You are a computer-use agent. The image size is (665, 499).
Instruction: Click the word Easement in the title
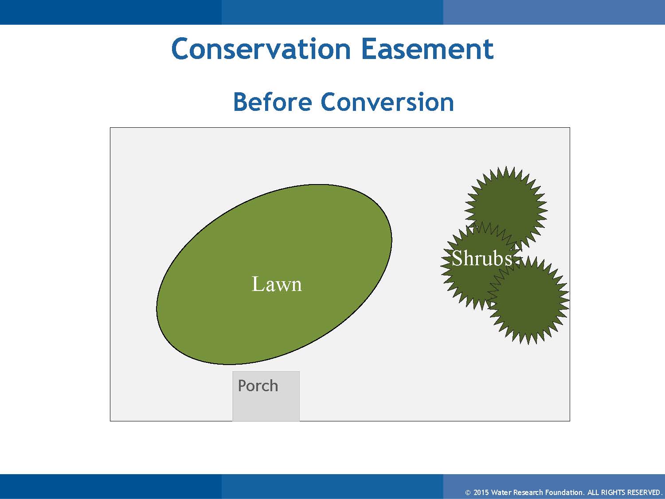[x=427, y=49]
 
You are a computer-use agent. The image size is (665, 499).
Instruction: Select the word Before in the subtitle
[x=272, y=102]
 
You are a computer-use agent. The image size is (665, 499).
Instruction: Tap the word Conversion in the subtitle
[x=387, y=102]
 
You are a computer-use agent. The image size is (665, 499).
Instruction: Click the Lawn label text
[x=277, y=284]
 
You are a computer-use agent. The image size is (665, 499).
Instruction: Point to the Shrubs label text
[x=482, y=258]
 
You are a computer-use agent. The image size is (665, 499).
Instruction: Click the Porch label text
[x=258, y=386]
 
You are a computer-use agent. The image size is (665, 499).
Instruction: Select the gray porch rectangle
[x=266, y=396]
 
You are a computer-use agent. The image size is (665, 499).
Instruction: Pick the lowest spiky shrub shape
[x=528, y=300]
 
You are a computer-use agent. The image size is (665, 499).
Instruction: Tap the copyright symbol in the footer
[x=468, y=493]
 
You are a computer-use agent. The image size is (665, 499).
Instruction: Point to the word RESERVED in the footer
[x=643, y=492]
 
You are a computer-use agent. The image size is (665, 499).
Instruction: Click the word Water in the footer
[x=501, y=492]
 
